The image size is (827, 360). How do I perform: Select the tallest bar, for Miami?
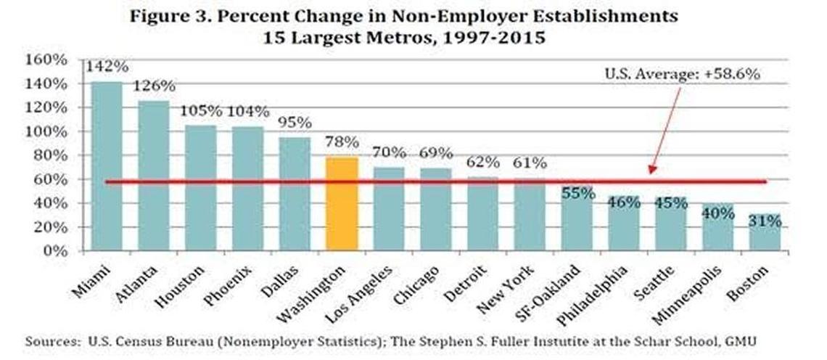107,166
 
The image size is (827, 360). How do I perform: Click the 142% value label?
107,67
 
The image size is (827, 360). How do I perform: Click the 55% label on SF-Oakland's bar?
577,193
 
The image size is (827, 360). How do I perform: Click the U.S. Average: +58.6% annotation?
682,74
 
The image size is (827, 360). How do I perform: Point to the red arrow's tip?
651,174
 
